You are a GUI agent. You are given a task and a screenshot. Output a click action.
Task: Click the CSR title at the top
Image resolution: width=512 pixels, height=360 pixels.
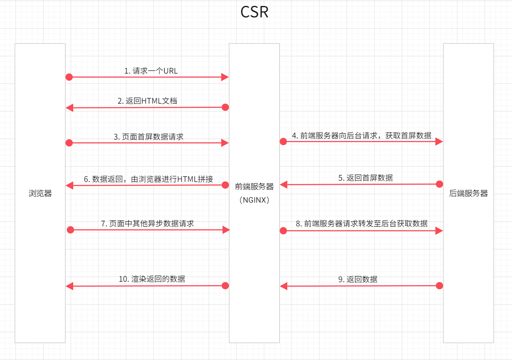254,12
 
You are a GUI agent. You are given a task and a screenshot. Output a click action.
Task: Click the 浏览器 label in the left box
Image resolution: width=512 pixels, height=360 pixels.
40,193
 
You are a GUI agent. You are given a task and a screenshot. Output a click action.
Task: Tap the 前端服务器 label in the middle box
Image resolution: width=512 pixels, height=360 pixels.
254,186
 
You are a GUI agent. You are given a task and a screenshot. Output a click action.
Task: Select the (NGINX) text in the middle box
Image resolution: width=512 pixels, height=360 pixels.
254,200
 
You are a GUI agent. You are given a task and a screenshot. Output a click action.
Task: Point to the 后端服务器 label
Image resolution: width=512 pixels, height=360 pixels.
468,193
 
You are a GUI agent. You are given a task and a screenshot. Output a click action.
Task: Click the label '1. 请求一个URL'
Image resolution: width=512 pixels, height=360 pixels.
151,71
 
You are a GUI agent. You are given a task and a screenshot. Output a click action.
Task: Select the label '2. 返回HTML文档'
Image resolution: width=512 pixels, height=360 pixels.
147,101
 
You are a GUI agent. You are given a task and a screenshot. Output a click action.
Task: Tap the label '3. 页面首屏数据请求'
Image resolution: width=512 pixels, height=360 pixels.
149,137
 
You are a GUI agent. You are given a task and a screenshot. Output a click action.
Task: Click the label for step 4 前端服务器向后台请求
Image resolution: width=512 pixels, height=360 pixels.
361,135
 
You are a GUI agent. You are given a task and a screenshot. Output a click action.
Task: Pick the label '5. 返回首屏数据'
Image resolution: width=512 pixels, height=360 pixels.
366,178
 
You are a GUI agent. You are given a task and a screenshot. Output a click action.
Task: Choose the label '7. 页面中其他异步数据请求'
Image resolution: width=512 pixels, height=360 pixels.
148,223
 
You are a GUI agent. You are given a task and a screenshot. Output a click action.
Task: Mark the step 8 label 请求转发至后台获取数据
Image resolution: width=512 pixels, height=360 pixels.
361,223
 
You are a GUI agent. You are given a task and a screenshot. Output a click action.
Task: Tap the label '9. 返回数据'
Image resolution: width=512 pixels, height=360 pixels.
358,279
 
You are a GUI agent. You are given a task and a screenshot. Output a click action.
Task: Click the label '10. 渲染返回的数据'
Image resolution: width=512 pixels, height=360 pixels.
152,279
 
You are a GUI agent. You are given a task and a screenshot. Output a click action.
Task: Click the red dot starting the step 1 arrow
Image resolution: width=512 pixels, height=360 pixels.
69,77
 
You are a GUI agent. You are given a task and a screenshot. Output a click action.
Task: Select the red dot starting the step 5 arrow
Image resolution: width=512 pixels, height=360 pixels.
439,184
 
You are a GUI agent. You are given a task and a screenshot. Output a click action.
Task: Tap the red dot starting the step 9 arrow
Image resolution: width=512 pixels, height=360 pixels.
439,286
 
